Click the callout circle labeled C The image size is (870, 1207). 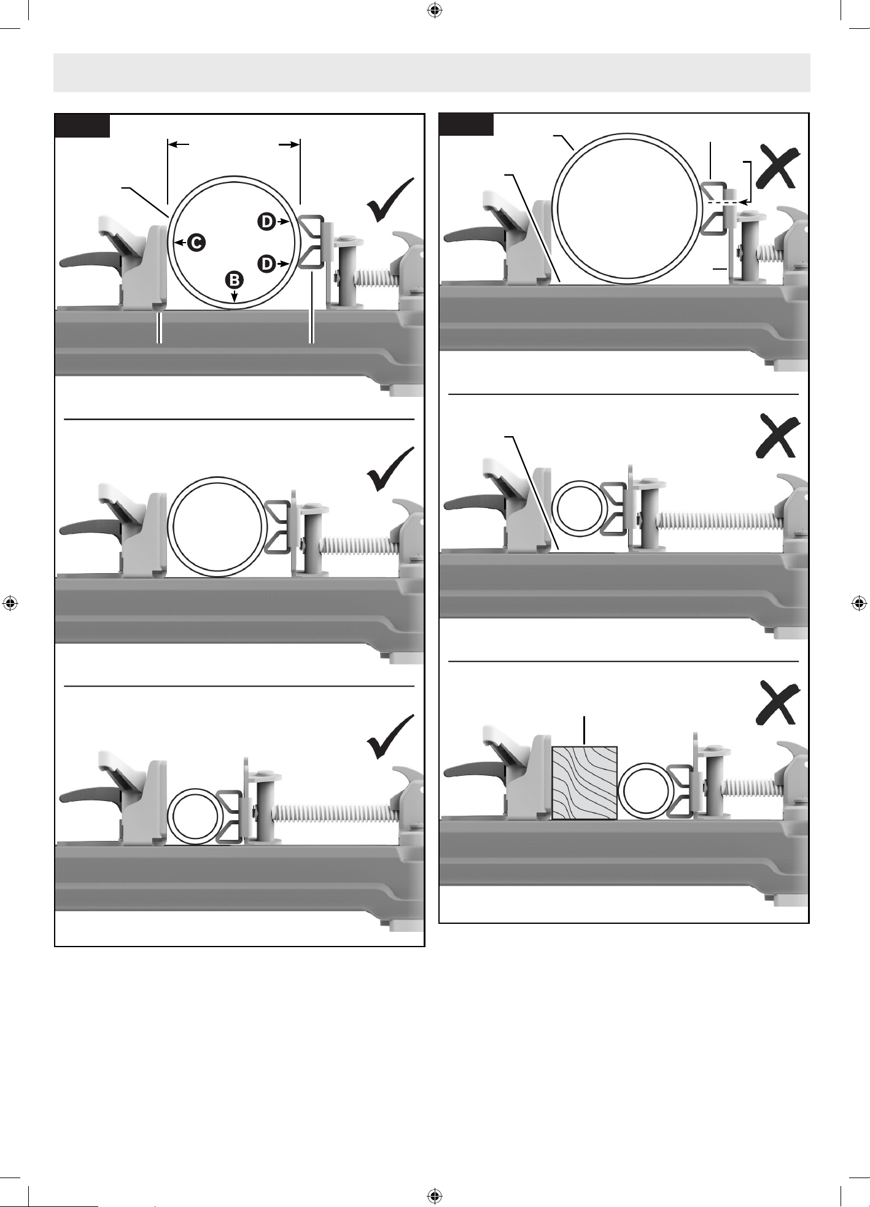(196, 243)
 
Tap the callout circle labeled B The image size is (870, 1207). (235, 279)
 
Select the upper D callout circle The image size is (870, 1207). (267, 221)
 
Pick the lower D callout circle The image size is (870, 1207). (267, 264)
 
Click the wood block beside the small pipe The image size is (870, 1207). (585, 783)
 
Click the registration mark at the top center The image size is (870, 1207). (435, 10)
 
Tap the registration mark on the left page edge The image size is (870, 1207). (10, 603)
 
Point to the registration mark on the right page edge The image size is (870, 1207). (860, 603)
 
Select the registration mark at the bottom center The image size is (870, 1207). (435, 1196)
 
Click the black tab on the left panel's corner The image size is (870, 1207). (83, 125)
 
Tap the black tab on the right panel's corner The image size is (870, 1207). (467, 124)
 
